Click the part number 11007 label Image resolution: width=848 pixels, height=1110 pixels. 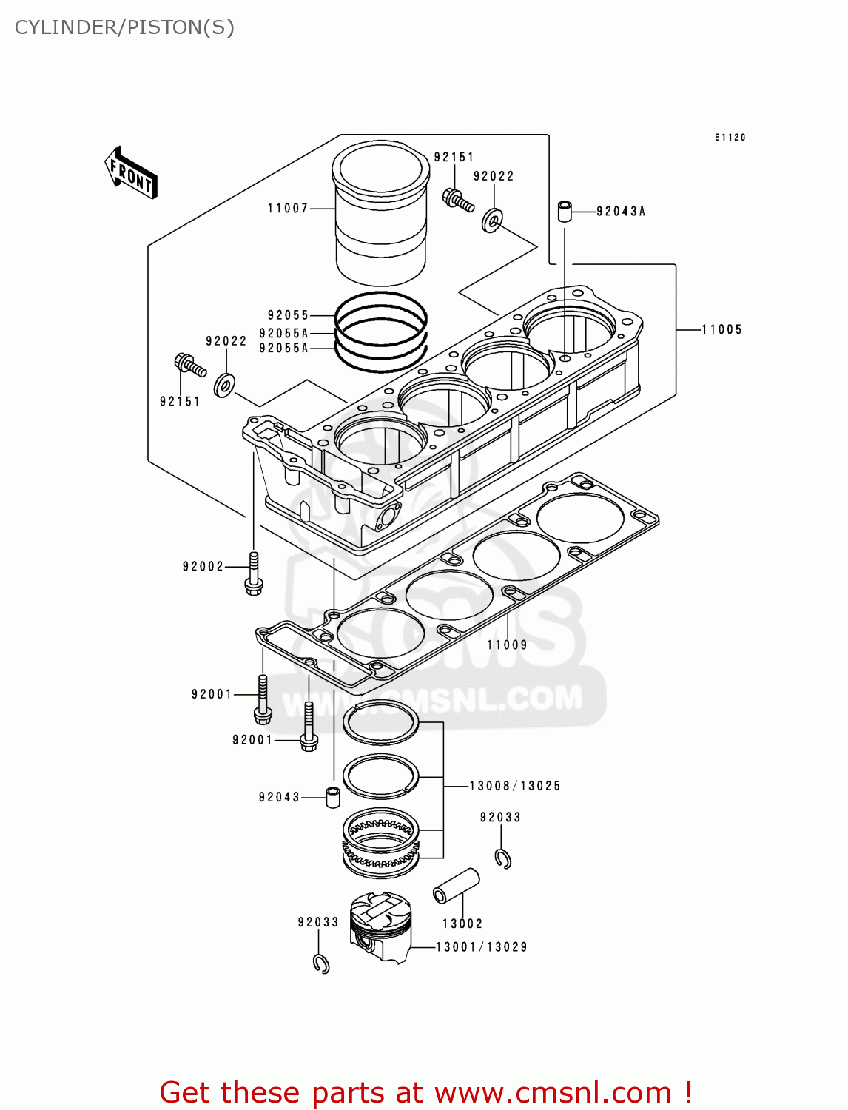coord(288,209)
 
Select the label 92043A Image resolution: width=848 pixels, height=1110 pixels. coord(621,212)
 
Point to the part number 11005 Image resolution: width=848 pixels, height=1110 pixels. coord(721,329)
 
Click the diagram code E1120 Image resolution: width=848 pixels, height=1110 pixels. coord(730,138)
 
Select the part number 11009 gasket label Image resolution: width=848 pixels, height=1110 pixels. coord(507,645)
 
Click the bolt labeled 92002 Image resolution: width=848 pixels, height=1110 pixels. coord(254,574)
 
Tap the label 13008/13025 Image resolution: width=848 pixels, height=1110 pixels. coord(515,786)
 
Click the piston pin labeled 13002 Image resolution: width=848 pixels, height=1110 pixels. coord(456,886)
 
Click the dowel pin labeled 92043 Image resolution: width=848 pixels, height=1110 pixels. coord(332,798)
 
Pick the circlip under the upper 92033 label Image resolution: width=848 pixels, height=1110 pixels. coord(503,858)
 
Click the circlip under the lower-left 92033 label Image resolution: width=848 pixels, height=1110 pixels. coord(321,963)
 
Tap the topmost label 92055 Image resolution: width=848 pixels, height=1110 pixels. coord(288,315)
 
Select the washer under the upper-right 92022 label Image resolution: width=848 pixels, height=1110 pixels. coord(492,220)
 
